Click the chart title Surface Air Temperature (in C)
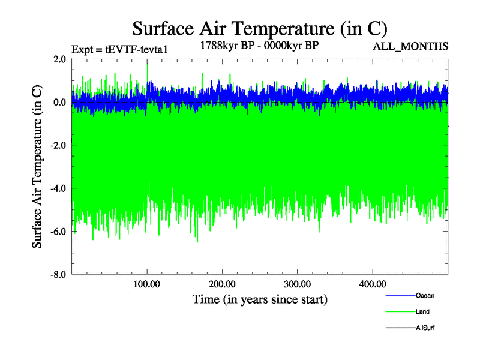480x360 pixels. pyautogui.click(x=260, y=28)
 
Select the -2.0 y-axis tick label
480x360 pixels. pyautogui.click(x=58, y=145)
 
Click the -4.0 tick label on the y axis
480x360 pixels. pyautogui.click(x=58, y=188)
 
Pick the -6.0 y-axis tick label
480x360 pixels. pyautogui.click(x=58, y=232)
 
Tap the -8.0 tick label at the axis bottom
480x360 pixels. pyautogui.click(x=58, y=275)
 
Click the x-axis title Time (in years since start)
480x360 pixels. pyautogui.click(x=260, y=298)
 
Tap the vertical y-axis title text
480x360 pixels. pyautogui.click(x=37, y=167)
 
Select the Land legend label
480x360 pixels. pyautogui.click(x=422, y=311)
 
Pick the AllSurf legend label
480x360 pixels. pyautogui.click(x=425, y=328)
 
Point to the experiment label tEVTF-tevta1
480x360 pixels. pyautogui.click(x=119, y=49)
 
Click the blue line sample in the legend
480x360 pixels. pyautogui.click(x=400, y=295)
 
